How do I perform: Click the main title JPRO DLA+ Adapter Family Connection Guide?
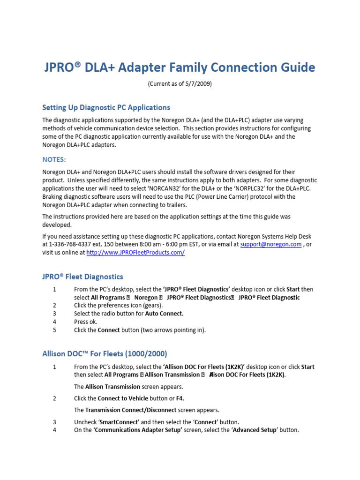click(x=180, y=67)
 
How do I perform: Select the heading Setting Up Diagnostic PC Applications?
click(x=106, y=107)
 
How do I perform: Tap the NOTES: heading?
click(x=54, y=160)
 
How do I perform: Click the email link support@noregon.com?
click(x=270, y=244)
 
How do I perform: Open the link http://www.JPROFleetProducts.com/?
click(x=135, y=252)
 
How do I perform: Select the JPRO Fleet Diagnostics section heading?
click(x=83, y=277)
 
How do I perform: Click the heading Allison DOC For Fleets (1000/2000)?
click(x=105, y=354)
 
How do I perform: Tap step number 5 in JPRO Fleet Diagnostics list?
click(x=54, y=330)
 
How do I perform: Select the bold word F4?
click(x=180, y=398)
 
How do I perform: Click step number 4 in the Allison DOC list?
click(x=54, y=430)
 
